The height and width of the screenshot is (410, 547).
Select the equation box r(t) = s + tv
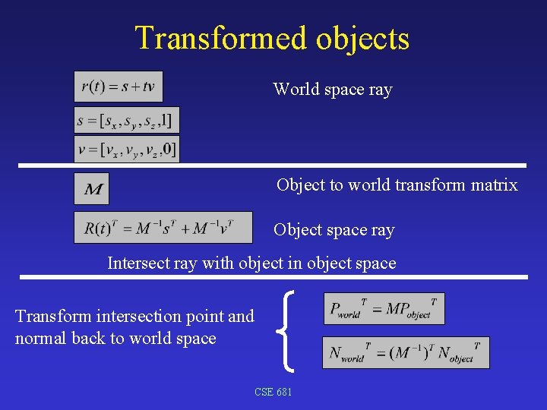(x=119, y=87)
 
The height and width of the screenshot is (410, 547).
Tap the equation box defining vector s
(x=127, y=120)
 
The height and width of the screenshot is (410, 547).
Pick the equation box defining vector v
(x=127, y=149)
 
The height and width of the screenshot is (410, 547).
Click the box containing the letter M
(x=92, y=188)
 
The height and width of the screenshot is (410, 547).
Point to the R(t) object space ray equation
(x=163, y=228)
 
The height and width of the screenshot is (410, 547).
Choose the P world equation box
(x=384, y=308)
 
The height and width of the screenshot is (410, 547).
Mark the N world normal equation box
(x=406, y=353)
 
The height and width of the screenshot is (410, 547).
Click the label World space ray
(x=333, y=90)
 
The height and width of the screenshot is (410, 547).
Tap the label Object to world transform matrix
(x=397, y=184)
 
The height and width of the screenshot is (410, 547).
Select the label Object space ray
(x=334, y=229)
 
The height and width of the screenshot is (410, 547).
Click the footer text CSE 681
(x=273, y=392)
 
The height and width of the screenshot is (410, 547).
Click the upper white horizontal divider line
(x=273, y=165)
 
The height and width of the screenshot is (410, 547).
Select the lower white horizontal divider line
(x=273, y=277)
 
